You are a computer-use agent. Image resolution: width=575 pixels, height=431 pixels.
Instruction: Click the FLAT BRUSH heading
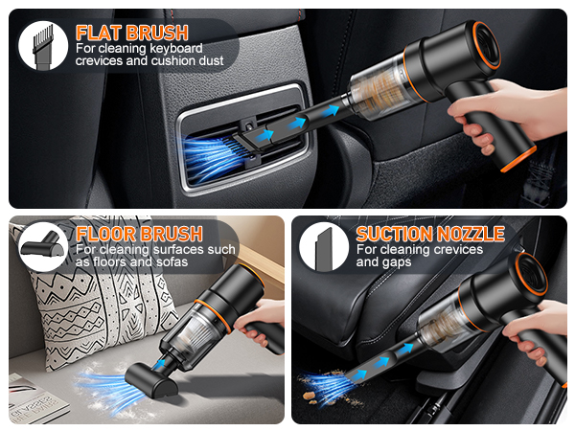click(x=131, y=31)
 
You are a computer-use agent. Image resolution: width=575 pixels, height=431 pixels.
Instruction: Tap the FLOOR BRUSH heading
click(x=139, y=234)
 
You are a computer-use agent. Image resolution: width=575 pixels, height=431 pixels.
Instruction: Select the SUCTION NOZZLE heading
click(x=429, y=234)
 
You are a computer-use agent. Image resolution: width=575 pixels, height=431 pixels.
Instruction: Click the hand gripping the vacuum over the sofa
click(x=268, y=321)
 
